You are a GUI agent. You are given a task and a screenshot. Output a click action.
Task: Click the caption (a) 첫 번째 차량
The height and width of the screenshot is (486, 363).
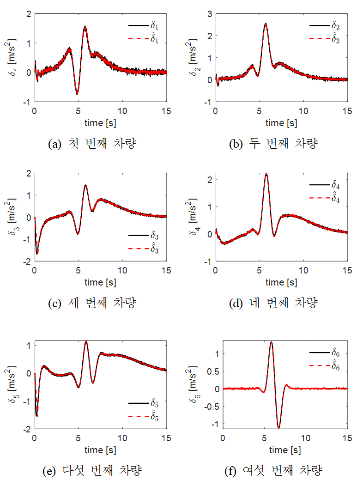tap(92, 144)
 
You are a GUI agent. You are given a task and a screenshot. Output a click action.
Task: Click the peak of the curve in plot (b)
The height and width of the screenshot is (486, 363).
tap(266, 24)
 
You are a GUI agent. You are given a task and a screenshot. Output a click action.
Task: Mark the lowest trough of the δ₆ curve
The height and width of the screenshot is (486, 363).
tap(279, 428)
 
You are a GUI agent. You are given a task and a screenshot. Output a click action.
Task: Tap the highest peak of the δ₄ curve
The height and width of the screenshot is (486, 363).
tap(266, 174)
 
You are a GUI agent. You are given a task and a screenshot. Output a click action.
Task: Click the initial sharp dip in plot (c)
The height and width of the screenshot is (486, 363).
tap(37, 253)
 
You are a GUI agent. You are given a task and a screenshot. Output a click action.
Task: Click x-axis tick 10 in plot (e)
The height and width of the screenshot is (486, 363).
tap(122, 437)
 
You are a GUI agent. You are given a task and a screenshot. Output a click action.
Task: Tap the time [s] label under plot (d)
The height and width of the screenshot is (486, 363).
tap(281, 282)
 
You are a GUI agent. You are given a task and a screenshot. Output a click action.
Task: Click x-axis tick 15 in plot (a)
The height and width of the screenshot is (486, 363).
tap(166, 111)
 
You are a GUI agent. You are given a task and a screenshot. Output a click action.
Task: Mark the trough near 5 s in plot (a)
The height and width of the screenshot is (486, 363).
tap(77, 94)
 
